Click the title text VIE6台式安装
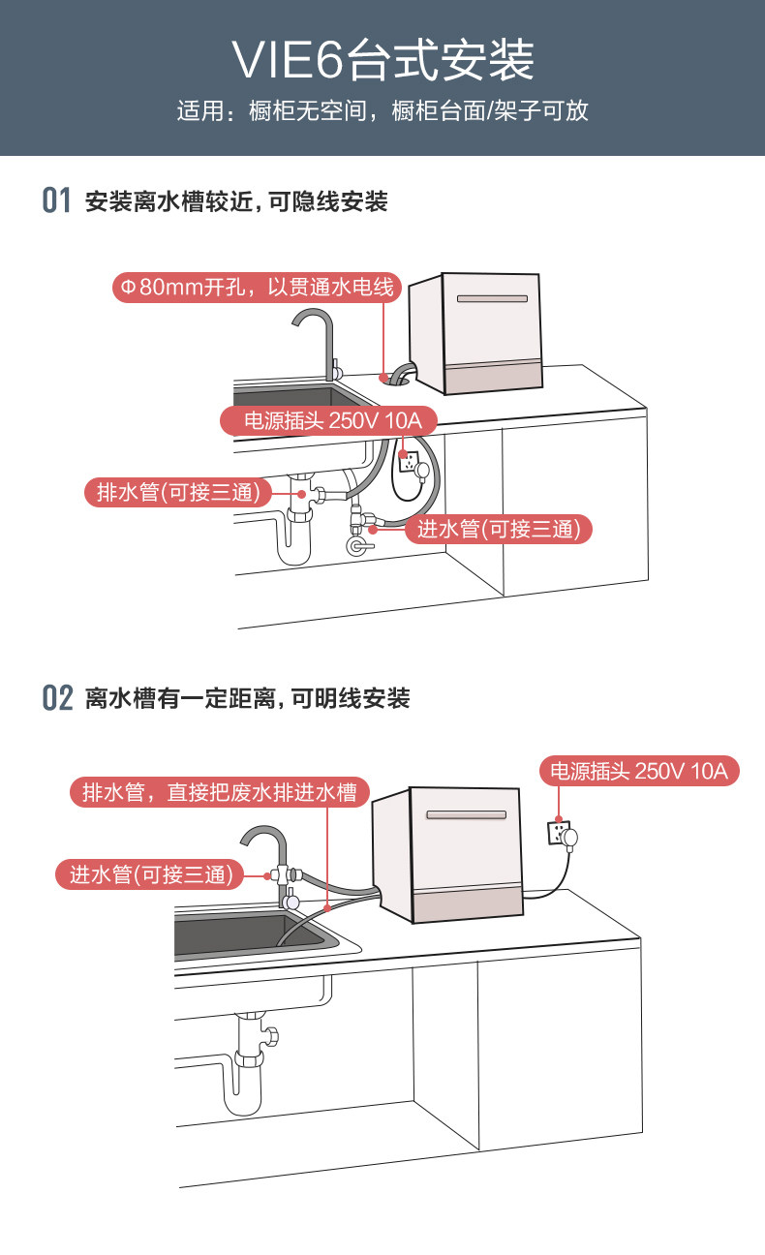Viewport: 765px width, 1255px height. coord(382,61)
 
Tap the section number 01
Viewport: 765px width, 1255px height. coord(57,201)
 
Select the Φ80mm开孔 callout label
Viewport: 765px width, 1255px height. coord(255,288)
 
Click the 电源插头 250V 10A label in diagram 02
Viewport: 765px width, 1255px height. coord(639,771)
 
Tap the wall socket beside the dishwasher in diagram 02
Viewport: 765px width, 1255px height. coord(563,834)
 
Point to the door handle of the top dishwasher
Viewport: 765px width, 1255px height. coord(492,298)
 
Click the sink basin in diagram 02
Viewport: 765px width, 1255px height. coord(252,934)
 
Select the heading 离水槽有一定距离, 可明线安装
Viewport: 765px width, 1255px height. coord(247,697)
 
